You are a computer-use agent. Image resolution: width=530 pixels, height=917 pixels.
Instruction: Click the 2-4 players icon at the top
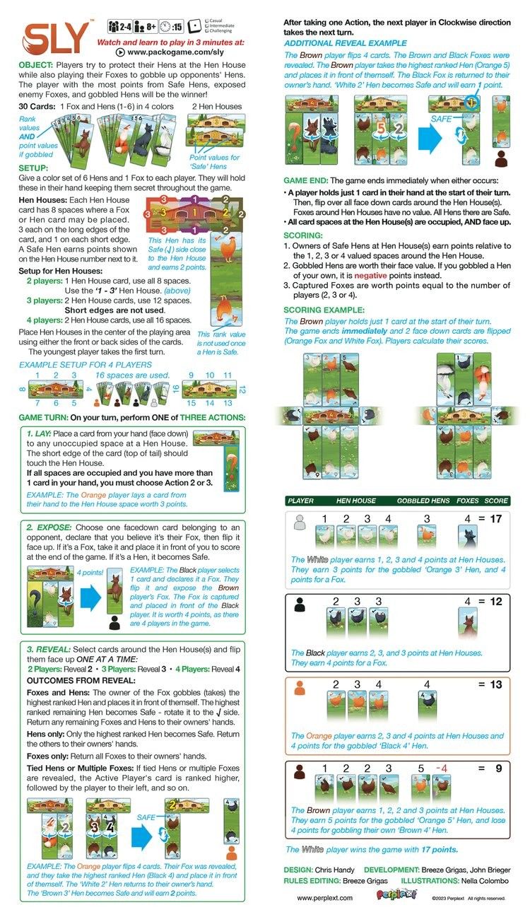(121, 27)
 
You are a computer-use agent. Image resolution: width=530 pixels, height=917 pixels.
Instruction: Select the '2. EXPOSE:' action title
(49, 527)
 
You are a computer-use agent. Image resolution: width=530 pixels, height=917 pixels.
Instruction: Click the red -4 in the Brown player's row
(442, 767)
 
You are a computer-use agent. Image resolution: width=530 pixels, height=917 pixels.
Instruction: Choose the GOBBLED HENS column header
(422, 501)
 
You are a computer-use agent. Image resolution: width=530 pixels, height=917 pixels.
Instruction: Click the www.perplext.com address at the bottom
(324, 898)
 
